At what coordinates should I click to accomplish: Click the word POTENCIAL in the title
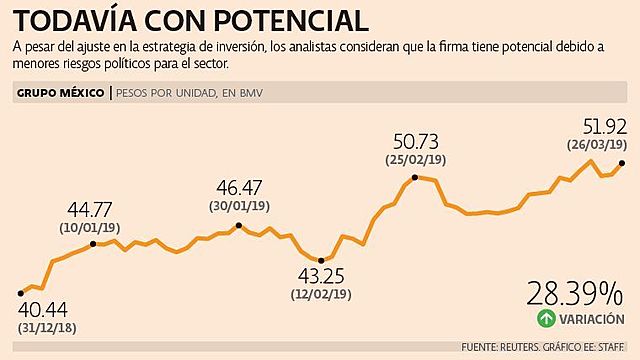299,21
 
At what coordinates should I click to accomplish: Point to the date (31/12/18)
46,328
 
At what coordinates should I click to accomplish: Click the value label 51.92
604,126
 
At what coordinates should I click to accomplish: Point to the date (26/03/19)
597,143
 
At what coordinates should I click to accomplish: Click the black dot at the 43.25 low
321,260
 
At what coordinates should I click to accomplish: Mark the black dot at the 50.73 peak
414,178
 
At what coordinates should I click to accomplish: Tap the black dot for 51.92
622,162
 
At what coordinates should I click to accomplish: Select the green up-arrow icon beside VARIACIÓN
545,319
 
